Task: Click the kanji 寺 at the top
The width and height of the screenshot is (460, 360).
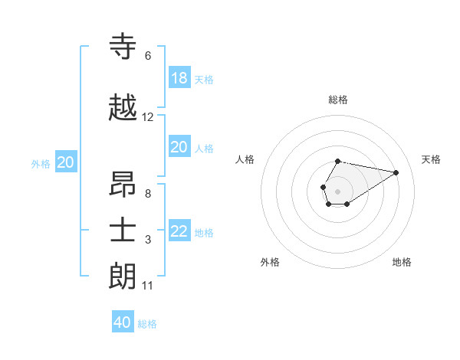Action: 123,47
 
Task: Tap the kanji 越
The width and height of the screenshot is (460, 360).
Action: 123,109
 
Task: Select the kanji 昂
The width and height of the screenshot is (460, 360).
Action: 123,185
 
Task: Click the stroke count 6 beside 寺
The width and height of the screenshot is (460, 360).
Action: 148,56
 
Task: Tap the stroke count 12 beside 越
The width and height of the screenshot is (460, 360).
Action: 148,117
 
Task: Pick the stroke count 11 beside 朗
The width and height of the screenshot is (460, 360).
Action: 148,286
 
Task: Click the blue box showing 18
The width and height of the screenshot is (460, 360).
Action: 179,78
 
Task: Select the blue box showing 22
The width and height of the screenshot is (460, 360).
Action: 179,231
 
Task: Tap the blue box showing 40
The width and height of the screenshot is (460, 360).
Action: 123,322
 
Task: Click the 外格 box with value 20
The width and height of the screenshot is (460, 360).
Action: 66,162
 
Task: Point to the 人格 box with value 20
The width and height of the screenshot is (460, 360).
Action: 179,147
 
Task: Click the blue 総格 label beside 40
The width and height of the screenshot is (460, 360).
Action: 147,324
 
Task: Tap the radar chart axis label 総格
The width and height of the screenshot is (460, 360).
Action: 338,100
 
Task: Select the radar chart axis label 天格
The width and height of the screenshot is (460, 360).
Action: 432,159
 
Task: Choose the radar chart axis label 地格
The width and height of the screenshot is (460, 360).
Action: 402,262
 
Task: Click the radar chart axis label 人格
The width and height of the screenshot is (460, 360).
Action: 245,159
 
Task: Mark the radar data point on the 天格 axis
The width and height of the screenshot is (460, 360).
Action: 396,172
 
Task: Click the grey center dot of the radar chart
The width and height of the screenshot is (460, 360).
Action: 337,190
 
